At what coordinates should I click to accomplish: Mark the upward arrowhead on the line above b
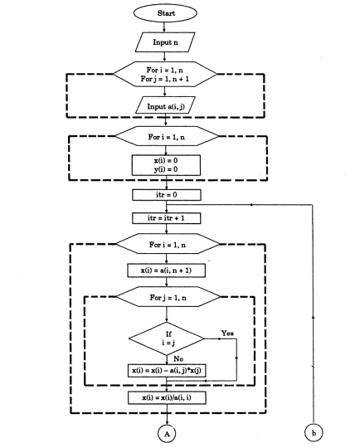[313, 317]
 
